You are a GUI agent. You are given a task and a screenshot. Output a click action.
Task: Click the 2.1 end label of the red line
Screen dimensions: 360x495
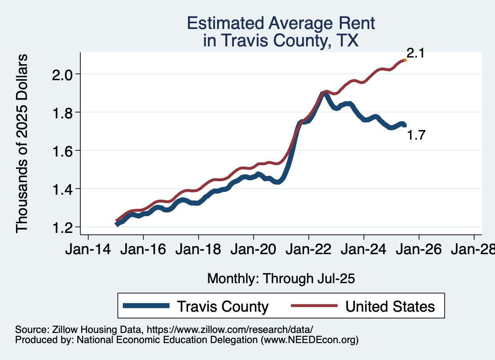tap(415, 53)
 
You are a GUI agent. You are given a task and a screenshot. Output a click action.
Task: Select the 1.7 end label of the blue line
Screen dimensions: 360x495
tap(416, 135)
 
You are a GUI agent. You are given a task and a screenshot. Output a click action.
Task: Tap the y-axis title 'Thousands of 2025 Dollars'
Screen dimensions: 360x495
tap(22, 143)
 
